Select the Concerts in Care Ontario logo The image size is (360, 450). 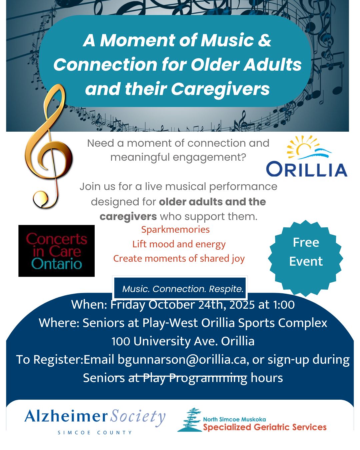tap(56, 251)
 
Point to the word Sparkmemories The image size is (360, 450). tap(175, 229)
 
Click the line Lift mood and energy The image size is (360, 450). tap(179, 244)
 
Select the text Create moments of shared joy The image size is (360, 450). tap(179, 258)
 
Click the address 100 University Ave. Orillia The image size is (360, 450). tap(183, 341)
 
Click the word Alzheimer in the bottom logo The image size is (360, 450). tap(66, 416)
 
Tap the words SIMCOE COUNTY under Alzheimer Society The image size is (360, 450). tap(95, 432)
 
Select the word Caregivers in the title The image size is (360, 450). tap(220, 89)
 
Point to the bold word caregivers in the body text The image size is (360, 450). tap(128, 217)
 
